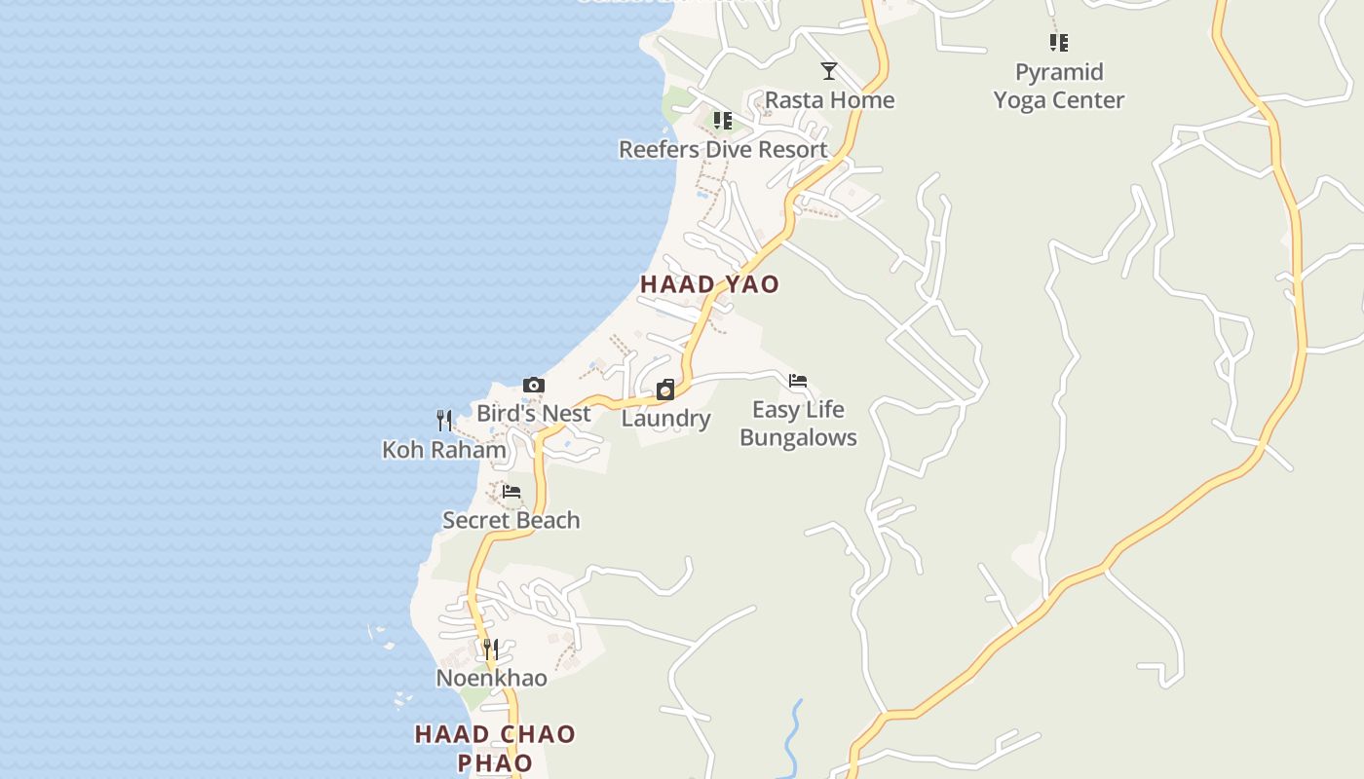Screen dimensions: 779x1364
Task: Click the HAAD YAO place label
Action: (709, 284)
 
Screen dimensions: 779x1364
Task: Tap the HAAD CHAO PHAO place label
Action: (495, 748)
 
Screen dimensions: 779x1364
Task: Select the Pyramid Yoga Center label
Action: (1059, 87)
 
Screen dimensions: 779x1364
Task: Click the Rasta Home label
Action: (829, 100)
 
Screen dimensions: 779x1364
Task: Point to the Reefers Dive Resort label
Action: (723, 150)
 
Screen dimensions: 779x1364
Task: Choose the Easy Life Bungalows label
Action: (798, 424)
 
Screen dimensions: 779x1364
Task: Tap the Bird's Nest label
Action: (533, 414)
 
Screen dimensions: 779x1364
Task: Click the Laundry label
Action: (665, 419)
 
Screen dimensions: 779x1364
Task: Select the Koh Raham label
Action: (444, 450)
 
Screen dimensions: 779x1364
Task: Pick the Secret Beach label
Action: (511, 520)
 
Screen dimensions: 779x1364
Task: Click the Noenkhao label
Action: (491, 678)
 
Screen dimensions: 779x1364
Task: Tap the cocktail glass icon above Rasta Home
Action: (829, 71)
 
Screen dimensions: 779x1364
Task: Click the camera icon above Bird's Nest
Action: (533, 386)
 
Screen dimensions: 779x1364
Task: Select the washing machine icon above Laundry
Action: (665, 390)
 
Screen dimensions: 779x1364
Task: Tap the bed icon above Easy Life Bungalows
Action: (798, 381)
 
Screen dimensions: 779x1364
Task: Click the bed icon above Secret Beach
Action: (511, 492)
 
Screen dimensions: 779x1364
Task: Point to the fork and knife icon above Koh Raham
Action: (444, 421)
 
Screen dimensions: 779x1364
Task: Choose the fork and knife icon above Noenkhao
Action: (491, 649)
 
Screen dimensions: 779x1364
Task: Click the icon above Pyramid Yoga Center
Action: (1059, 43)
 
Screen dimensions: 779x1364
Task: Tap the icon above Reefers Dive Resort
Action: (722, 121)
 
